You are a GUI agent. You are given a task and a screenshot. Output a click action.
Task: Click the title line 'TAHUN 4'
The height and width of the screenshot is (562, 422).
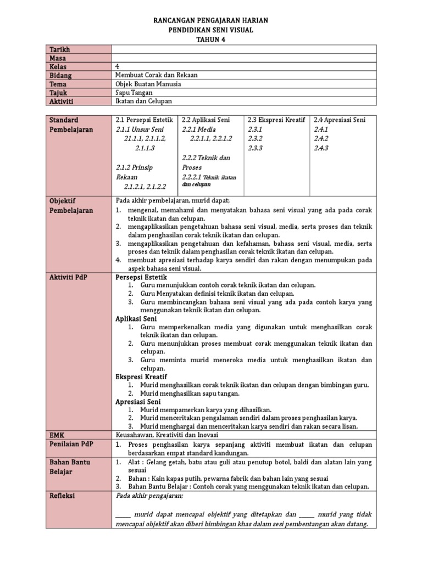click(210, 40)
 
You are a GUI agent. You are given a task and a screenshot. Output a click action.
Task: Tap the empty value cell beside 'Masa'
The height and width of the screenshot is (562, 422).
click(244, 58)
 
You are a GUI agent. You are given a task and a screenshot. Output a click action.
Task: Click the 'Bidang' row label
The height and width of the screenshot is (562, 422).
click(61, 75)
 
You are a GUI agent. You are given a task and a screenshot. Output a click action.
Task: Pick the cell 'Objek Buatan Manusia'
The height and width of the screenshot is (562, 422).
click(148, 84)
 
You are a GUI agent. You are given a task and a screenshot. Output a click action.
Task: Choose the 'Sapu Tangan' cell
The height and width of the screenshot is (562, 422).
click(135, 93)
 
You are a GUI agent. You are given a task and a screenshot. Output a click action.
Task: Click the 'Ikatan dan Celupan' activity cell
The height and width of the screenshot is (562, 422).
click(144, 102)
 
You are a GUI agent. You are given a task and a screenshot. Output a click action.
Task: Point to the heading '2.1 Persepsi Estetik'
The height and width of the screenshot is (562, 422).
click(145, 120)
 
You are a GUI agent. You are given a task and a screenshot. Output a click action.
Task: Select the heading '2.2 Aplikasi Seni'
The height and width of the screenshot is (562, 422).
click(206, 120)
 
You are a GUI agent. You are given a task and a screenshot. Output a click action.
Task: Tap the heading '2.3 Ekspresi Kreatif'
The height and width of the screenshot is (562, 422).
click(276, 120)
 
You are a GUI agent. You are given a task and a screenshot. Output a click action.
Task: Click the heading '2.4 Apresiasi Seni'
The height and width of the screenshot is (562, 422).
click(340, 120)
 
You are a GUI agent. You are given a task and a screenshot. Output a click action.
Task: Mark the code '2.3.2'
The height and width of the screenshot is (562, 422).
click(256, 138)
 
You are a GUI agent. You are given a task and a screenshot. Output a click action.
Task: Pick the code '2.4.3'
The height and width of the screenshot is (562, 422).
click(321, 148)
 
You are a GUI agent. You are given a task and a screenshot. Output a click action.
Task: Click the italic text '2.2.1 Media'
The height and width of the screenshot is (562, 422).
click(201, 129)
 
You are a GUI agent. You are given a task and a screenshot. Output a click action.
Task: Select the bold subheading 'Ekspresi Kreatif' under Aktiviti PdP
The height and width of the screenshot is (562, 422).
click(141, 376)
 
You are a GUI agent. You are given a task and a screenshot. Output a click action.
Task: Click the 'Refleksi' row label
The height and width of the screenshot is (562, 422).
click(62, 496)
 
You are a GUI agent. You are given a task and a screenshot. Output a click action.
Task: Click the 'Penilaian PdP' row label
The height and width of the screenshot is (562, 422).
click(70, 443)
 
